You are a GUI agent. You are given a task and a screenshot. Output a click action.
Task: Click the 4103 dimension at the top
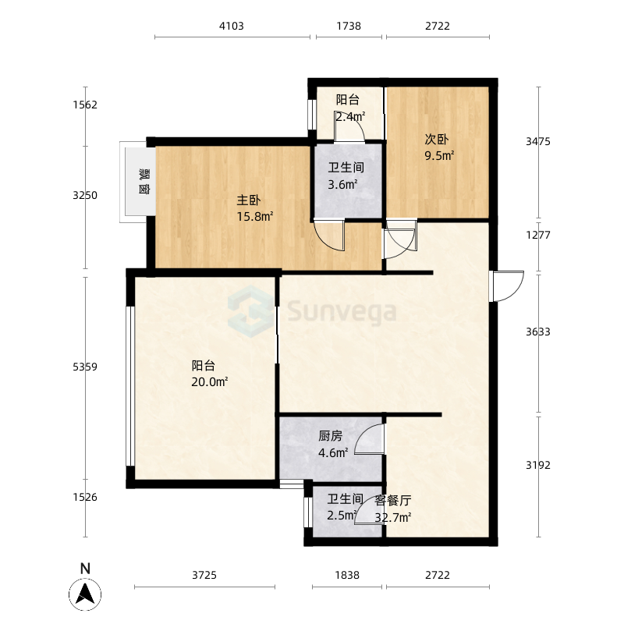point(231,27)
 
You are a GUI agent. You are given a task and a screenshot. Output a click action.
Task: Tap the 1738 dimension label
point(349,27)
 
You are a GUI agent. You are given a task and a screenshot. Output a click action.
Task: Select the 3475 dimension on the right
point(538,142)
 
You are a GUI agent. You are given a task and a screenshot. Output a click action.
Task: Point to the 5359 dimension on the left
point(85,367)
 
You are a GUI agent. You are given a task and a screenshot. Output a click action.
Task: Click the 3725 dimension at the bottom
point(204,575)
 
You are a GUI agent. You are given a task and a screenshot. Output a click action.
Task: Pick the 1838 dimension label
point(347,575)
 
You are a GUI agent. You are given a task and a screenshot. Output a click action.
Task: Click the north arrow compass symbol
point(85,594)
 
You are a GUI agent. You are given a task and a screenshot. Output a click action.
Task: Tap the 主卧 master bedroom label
point(249,200)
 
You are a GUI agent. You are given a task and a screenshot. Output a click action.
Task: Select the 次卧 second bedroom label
point(437,140)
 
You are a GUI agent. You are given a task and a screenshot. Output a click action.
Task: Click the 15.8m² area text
point(255,217)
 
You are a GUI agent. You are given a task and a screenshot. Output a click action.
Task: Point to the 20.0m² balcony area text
point(209,382)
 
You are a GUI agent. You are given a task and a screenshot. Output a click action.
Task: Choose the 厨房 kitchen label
point(330,436)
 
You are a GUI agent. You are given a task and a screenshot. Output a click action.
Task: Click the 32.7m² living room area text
point(393,518)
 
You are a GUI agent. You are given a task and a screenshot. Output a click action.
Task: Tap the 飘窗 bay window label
point(144,182)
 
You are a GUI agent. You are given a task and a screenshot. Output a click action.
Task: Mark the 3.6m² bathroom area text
point(342,185)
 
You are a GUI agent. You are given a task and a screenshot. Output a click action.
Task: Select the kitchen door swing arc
point(364,432)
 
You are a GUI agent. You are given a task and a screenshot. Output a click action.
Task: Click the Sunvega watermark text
point(342,312)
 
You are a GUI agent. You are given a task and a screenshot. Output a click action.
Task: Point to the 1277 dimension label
point(538,236)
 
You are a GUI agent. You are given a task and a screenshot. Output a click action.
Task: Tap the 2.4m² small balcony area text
point(350,117)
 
